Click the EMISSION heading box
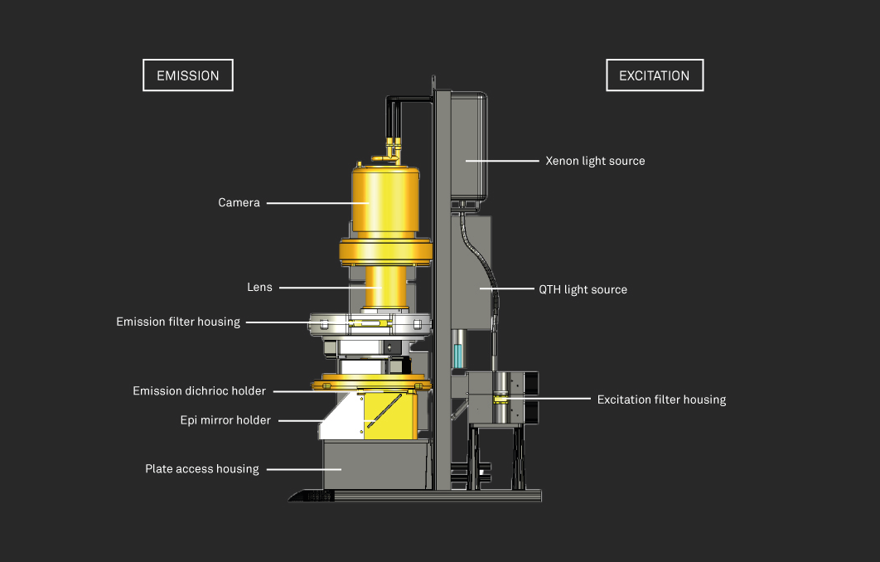coord(188,75)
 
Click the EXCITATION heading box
coord(654,75)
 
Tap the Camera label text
coord(239,202)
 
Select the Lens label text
coord(259,288)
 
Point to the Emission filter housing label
coord(178,322)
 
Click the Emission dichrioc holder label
coord(200,390)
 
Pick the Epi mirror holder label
coord(225,420)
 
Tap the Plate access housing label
coord(202,469)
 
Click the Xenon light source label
coord(595,161)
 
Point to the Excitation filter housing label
coord(661,400)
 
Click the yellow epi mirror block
coord(389,414)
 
